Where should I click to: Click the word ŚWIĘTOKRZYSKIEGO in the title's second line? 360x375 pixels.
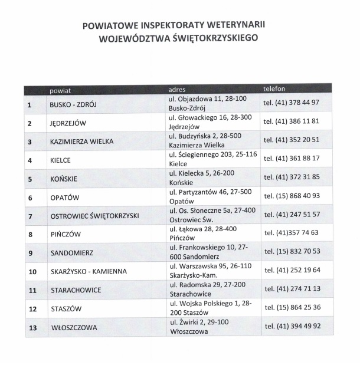210,40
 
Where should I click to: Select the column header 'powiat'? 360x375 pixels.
60,90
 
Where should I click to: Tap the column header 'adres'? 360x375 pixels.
177,89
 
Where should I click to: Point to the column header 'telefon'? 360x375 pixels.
274,88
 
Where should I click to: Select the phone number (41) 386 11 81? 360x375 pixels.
291,121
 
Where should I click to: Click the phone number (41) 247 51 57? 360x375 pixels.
291,215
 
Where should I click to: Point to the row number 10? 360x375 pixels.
32,271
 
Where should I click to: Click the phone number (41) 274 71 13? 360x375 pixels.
291,289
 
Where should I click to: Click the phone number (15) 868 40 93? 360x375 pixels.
291,196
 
